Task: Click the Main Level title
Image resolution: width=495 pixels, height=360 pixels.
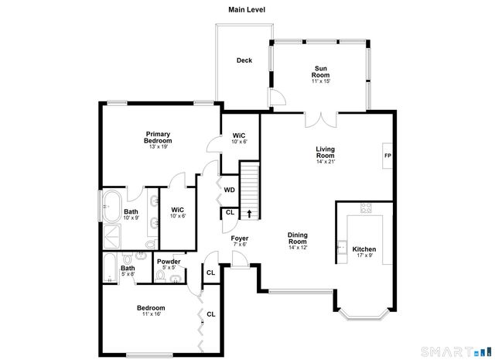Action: [x=247, y=9]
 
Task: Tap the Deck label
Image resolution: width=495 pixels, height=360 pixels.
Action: [x=244, y=60]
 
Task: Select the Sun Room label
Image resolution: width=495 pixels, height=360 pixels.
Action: [x=320, y=71]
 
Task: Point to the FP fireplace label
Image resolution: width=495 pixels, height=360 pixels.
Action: [x=387, y=155]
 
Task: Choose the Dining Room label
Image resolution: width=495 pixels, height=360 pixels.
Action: [x=298, y=239]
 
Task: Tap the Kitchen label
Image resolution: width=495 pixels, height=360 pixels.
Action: [x=364, y=249]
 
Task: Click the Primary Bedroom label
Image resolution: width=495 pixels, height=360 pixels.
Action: [x=158, y=138]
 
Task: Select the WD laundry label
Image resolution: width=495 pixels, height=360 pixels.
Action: [x=230, y=190]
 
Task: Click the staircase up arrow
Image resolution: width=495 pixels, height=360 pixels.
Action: [x=249, y=213]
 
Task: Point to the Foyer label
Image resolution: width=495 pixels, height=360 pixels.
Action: [x=239, y=238]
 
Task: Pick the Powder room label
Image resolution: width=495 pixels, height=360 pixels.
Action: [x=169, y=262]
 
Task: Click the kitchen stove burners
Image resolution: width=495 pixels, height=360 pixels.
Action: [x=366, y=207]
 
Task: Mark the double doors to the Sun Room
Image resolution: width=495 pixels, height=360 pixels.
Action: [x=320, y=121]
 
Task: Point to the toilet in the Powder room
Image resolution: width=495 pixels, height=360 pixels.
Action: [x=176, y=278]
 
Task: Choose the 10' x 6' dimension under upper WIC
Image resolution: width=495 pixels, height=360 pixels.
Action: [x=240, y=142]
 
